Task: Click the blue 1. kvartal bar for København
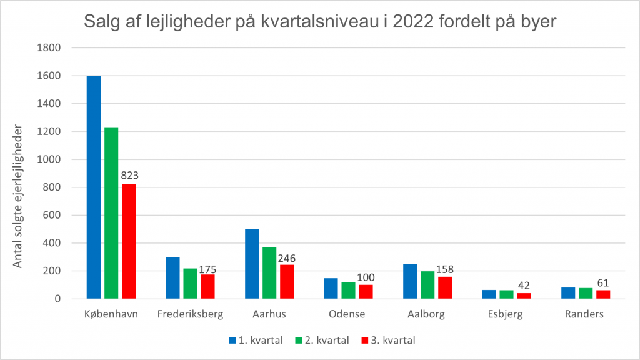(94, 187)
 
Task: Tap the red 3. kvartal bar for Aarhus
(287, 282)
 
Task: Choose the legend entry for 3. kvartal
(388, 341)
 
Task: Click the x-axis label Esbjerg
(506, 314)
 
